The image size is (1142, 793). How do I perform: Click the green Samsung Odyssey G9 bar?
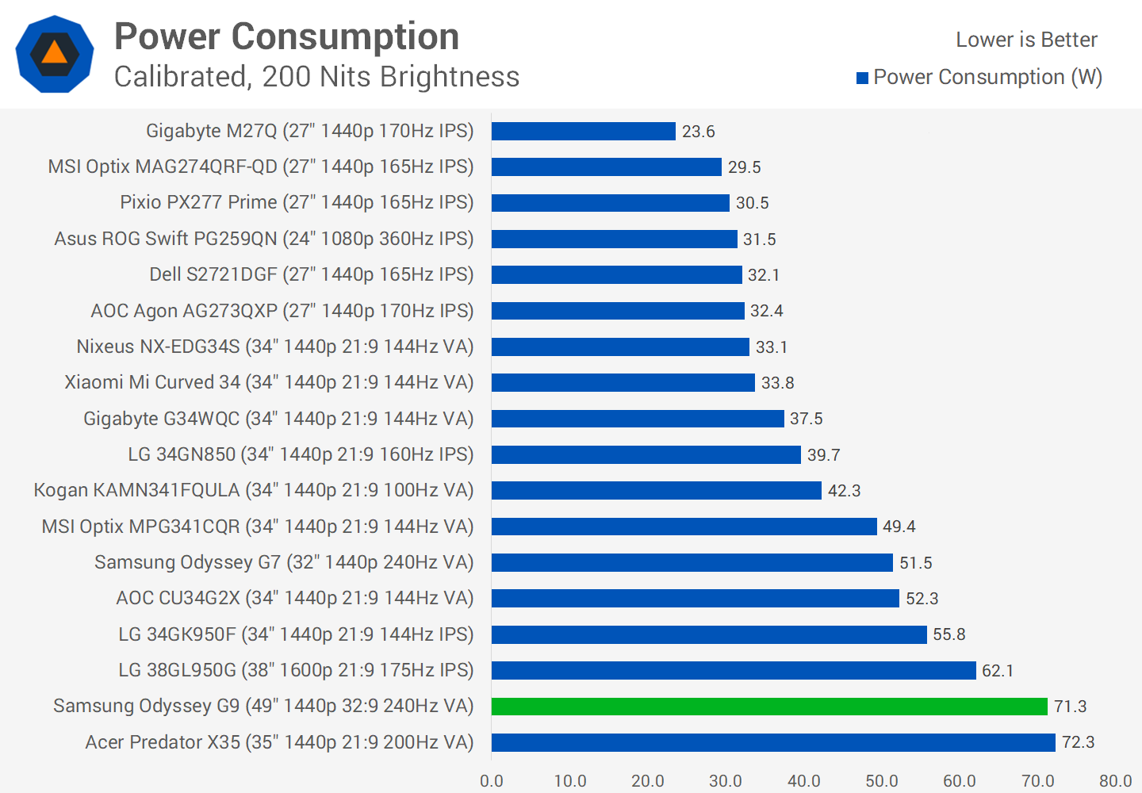(x=769, y=706)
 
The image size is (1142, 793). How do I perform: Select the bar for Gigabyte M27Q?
(x=583, y=131)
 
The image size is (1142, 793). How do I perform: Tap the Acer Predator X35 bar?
(x=773, y=742)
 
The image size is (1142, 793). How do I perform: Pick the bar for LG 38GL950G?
(x=734, y=670)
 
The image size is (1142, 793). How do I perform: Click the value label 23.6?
(x=699, y=132)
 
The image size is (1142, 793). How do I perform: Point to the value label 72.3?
(x=1078, y=742)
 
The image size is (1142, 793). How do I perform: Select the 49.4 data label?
(x=899, y=527)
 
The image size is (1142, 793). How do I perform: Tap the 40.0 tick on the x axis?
(x=804, y=780)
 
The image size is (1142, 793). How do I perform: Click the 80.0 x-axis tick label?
(x=1115, y=780)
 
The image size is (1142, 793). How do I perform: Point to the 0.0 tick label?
(x=492, y=780)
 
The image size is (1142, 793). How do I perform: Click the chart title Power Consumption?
(x=286, y=36)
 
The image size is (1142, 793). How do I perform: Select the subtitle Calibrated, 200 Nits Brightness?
(x=316, y=77)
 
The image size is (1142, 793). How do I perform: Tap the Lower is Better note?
(x=1026, y=40)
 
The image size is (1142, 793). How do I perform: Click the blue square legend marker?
(x=862, y=78)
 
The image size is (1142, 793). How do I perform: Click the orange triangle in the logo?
(x=55, y=53)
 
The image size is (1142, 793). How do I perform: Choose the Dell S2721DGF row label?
(x=311, y=274)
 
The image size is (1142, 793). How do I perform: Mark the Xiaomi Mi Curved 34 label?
(x=269, y=382)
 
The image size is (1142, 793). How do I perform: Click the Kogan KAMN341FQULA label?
(x=253, y=490)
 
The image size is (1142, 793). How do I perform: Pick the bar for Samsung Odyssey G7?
(x=692, y=562)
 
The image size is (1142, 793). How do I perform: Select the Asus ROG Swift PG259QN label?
(x=263, y=239)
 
